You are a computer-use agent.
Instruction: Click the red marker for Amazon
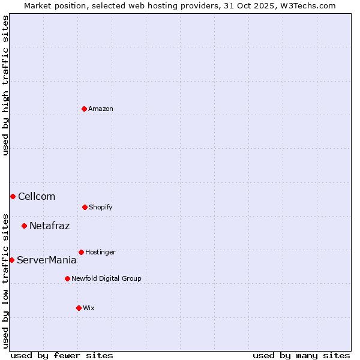coord(84,109)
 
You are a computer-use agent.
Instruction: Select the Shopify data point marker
coord(85,207)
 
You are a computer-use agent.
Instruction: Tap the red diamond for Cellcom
coord(13,196)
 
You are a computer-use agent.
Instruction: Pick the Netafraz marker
coord(24,226)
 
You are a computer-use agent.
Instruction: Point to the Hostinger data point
coord(81,252)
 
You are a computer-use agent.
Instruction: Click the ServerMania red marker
coord(11,260)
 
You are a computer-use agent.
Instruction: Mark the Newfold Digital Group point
coord(67,278)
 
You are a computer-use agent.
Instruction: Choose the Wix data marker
coord(79,308)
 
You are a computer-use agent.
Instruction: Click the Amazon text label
coord(101,109)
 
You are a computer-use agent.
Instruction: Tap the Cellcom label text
coord(37,196)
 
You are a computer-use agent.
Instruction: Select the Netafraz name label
coord(49,226)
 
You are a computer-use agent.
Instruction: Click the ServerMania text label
coord(46,260)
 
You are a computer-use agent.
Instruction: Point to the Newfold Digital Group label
coord(106,278)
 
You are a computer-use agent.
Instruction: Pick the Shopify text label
coord(100,207)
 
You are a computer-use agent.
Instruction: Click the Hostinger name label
coord(100,252)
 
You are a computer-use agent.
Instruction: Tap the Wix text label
coord(89,308)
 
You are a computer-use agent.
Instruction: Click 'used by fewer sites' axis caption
coord(62,355)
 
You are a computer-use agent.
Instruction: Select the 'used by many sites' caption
coord(301,355)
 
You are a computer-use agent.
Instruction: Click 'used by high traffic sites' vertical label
coord(5,85)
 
